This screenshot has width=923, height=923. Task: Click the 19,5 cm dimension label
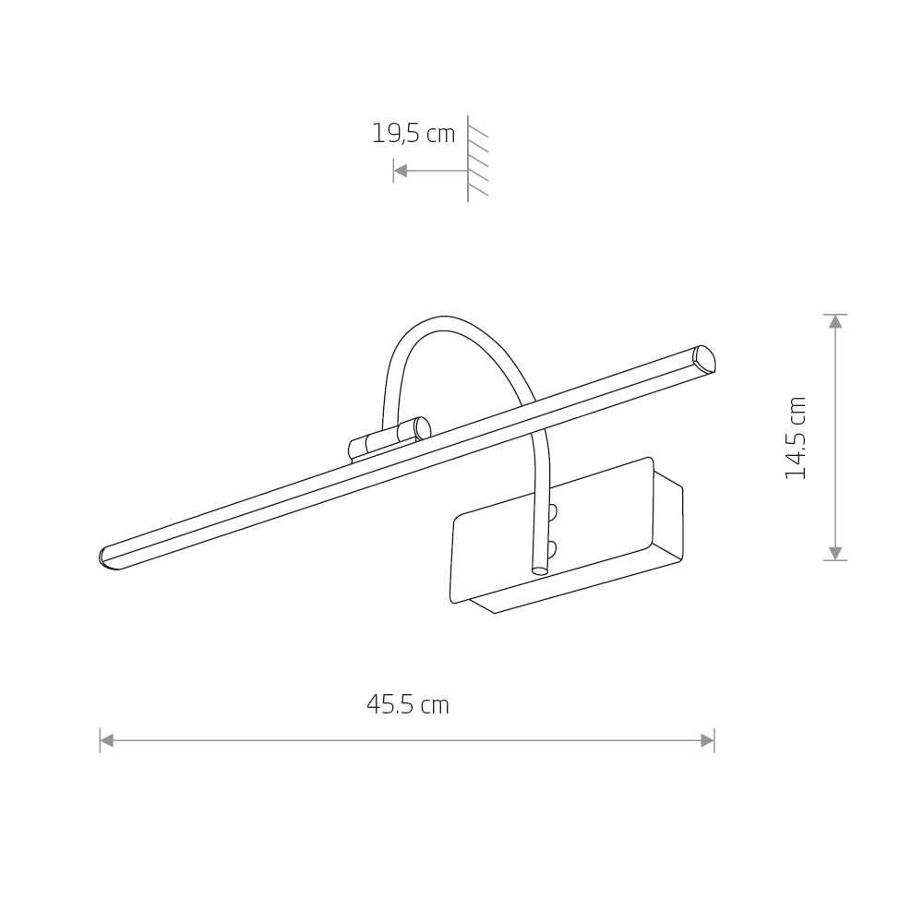[x=414, y=134]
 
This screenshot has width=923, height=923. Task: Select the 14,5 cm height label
[x=796, y=438]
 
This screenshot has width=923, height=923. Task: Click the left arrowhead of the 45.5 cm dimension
[x=107, y=740]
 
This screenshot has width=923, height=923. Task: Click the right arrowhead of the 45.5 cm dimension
[x=707, y=740]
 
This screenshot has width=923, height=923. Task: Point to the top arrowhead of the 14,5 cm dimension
[x=835, y=322]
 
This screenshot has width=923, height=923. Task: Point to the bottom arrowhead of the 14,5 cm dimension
[x=835, y=553]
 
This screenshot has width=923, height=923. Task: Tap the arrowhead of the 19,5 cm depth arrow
[x=401, y=171]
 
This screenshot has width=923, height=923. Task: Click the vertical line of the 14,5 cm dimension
[x=835, y=438]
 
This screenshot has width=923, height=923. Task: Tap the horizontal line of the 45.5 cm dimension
[x=406, y=740]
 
